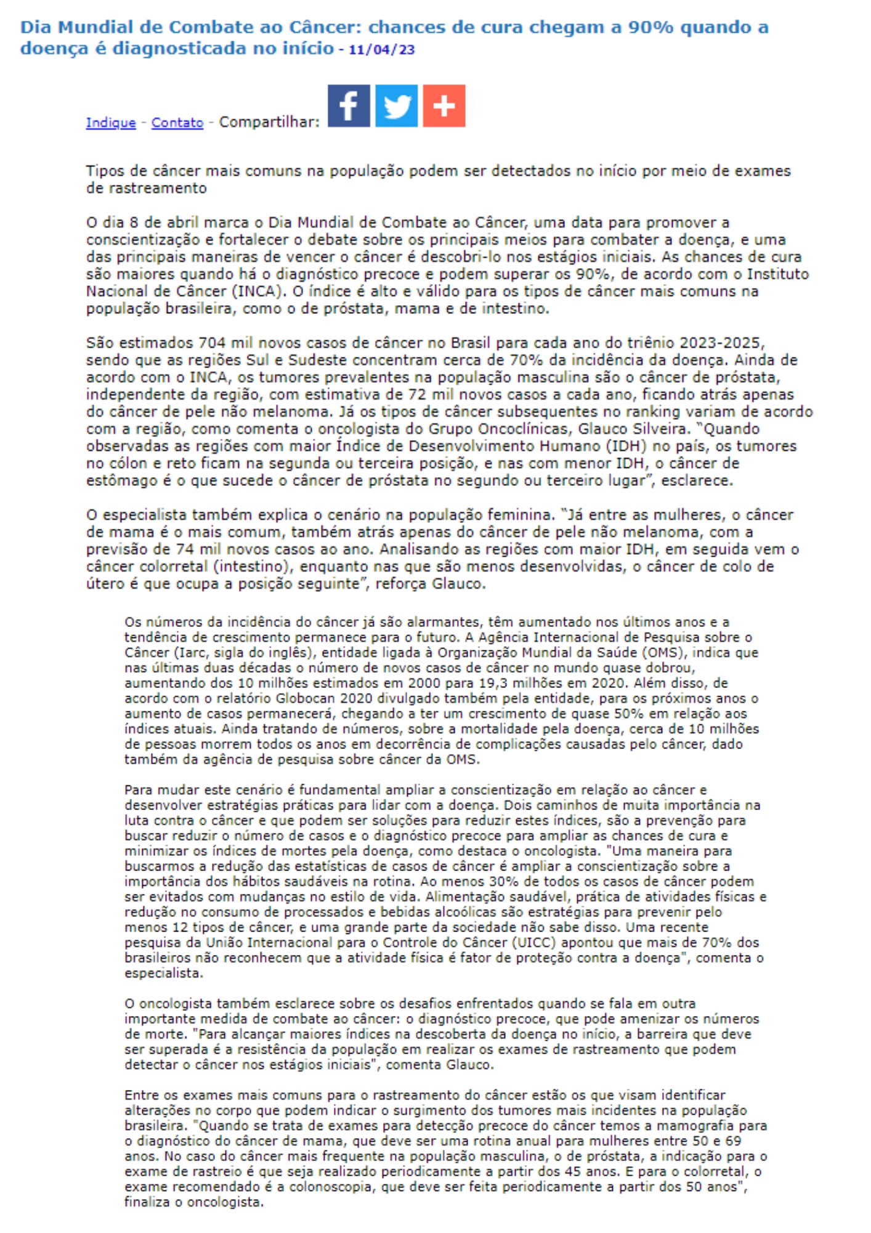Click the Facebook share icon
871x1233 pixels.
pyautogui.click(x=349, y=106)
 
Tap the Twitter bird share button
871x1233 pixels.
pyautogui.click(x=396, y=106)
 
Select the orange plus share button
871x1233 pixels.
pyautogui.click(x=444, y=106)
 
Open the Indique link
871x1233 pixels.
pyautogui.click(x=111, y=123)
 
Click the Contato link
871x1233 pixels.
pyautogui.click(x=177, y=123)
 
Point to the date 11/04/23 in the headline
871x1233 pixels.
pyautogui.click(x=382, y=50)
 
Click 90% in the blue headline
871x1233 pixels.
pyautogui.click(x=650, y=28)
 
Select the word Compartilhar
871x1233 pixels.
pyautogui.click(x=269, y=122)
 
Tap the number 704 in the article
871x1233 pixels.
pyautogui.click(x=212, y=343)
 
